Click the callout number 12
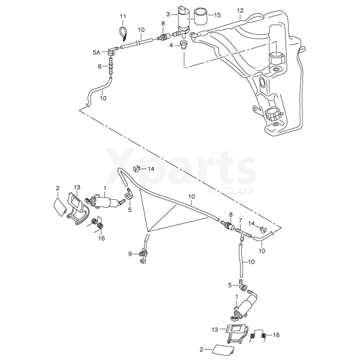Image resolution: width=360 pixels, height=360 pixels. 240,11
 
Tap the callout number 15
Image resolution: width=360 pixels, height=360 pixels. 217,15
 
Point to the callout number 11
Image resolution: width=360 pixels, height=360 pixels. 123,16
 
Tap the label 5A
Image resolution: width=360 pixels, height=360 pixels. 97,53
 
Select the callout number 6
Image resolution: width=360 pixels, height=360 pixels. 100,67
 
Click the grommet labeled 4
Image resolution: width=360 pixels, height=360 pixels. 184,44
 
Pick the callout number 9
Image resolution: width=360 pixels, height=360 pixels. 130,254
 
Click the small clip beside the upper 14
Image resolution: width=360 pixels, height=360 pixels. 136,169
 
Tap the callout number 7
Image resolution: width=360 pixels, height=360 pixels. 240,220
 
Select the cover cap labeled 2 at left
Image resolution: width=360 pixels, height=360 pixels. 59,208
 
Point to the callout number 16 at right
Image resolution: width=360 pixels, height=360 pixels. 276,335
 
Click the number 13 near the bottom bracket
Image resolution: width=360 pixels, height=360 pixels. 215,329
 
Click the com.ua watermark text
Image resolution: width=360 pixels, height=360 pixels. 230,191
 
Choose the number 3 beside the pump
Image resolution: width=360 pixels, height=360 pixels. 168,14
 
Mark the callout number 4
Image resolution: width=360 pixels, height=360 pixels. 171,45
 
